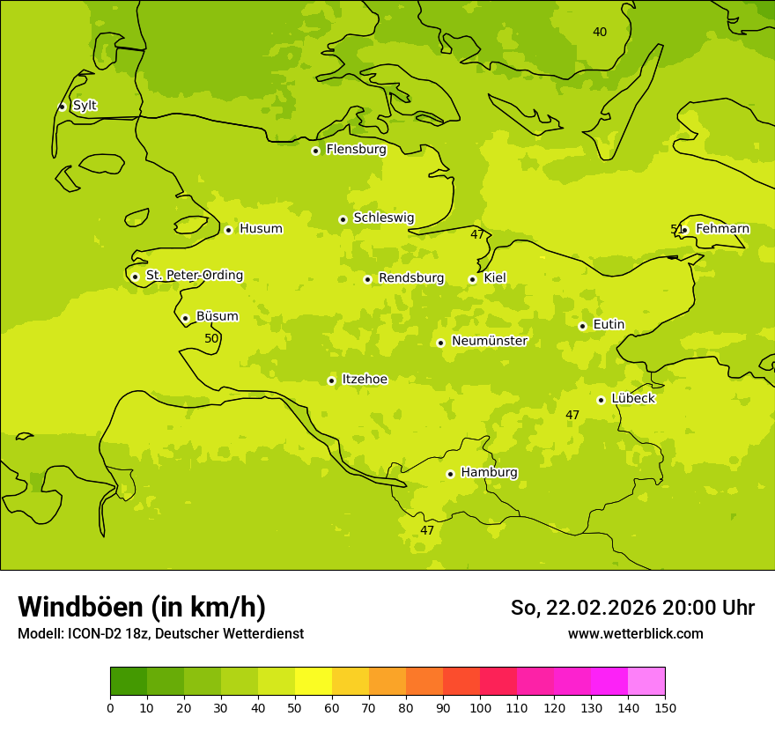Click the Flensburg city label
(356, 150)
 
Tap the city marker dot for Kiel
(472, 279)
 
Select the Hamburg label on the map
(489, 473)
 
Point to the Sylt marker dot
(62, 107)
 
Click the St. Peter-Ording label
(194, 276)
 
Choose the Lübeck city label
(632, 399)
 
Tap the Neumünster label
(489, 342)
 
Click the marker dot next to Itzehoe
(331, 380)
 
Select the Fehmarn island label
(722, 229)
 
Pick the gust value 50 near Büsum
(211, 338)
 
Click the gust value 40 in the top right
(600, 32)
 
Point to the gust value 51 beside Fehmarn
(676, 229)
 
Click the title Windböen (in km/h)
(142, 607)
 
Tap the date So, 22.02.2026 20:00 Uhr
(632, 608)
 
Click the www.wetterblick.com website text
(635, 633)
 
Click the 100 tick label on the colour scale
(480, 707)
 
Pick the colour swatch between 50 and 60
(314, 682)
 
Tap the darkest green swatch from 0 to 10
(129, 682)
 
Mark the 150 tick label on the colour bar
(665, 707)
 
